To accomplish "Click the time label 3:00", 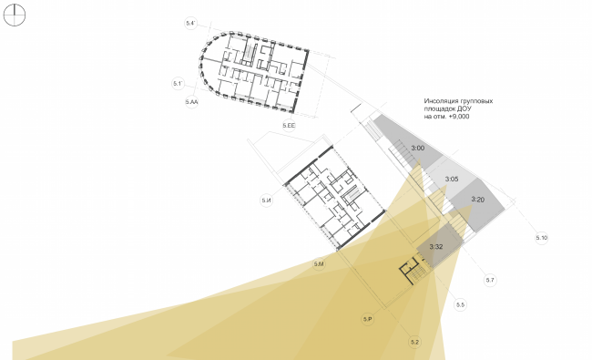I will pyautogui.click(x=419, y=148).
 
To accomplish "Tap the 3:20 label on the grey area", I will pyautogui.click(x=479, y=199).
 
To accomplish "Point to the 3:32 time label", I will pyautogui.click(x=435, y=246).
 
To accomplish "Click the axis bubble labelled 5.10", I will pyautogui.click(x=542, y=238).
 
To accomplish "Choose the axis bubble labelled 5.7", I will pyautogui.click(x=489, y=279).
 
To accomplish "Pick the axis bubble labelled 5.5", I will pyautogui.click(x=460, y=304).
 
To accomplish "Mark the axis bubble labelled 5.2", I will pyautogui.click(x=414, y=342).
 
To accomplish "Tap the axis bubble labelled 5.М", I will pyautogui.click(x=319, y=263).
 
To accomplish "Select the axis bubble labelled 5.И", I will pyautogui.click(x=266, y=200).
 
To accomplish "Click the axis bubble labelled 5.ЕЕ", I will pyautogui.click(x=290, y=124).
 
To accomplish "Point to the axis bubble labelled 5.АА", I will pyautogui.click(x=191, y=104).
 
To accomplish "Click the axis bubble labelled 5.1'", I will pyautogui.click(x=179, y=84).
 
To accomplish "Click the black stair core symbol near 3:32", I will pyautogui.click(x=410, y=271).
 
